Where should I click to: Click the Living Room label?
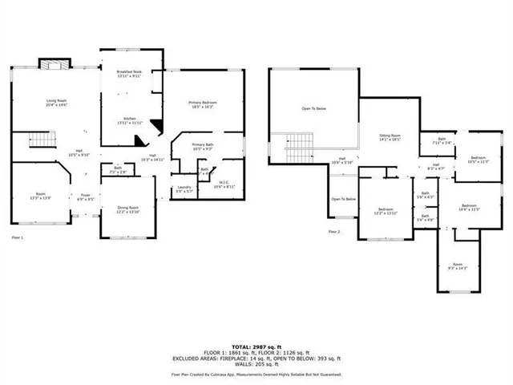coord(56,102)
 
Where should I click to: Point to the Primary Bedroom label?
coord(204,104)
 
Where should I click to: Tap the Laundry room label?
coord(184,190)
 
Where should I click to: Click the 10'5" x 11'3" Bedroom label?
coord(478,159)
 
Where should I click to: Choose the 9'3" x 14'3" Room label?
coord(457,265)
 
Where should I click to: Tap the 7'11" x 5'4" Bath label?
coord(442,141)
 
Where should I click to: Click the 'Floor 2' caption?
coord(335,231)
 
